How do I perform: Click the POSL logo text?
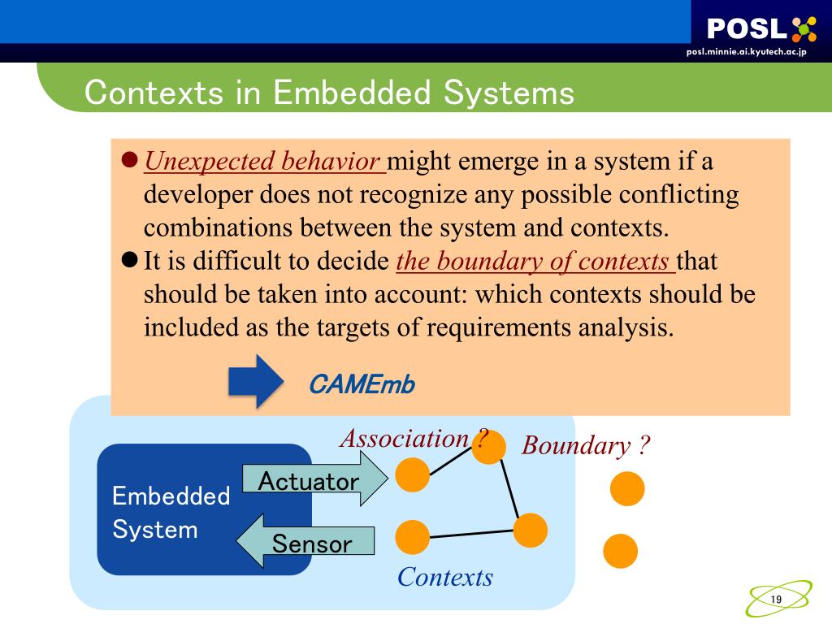click(x=746, y=29)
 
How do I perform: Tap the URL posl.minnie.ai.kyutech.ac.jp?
click(x=746, y=52)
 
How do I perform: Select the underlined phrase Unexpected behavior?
click(x=262, y=161)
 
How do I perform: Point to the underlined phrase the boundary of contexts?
click(x=534, y=262)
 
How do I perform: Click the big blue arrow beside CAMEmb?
click(x=256, y=381)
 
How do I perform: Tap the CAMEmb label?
click(x=362, y=384)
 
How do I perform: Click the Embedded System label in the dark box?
click(x=171, y=513)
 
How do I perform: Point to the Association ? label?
click(x=413, y=439)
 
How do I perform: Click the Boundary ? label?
click(x=586, y=445)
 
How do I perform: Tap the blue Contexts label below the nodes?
click(x=445, y=578)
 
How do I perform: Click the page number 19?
click(x=775, y=599)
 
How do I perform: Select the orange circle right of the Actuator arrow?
click(x=413, y=475)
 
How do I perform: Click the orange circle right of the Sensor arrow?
click(x=413, y=537)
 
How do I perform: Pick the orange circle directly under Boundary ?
click(x=627, y=489)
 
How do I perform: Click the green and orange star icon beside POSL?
click(x=804, y=29)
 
